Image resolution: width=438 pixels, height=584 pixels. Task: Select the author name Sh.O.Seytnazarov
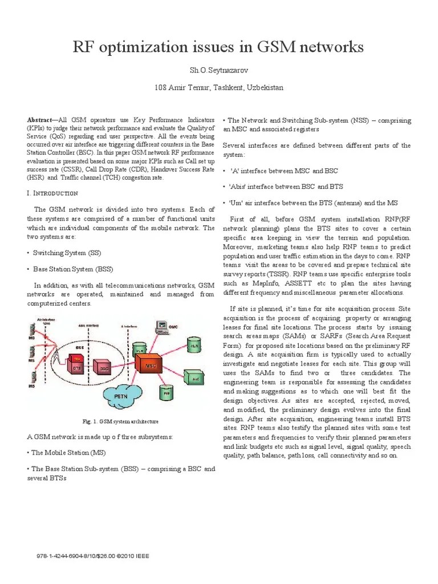tap(219, 70)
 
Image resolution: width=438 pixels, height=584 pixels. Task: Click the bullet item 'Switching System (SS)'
tap(67, 252)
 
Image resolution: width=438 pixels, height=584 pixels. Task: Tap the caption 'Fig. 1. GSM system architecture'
tap(120, 421)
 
